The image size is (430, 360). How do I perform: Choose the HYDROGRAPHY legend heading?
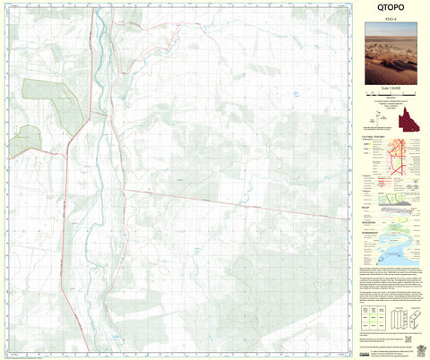pyautogui.click(x=374, y=231)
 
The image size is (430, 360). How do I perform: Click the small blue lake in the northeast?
pyautogui.click(x=294, y=94)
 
